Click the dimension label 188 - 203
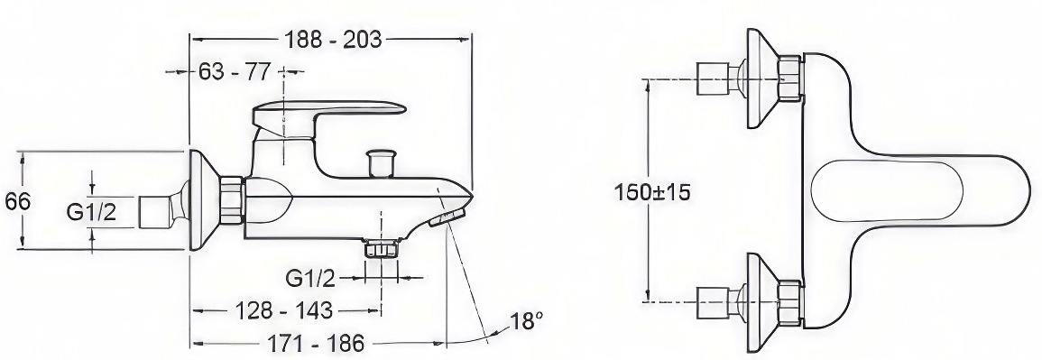(x=334, y=40)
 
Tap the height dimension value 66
(x=18, y=201)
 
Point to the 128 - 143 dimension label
(x=284, y=309)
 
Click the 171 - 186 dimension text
(x=316, y=344)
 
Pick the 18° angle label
(x=522, y=322)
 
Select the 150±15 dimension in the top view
(x=651, y=192)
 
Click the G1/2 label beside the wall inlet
(x=92, y=213)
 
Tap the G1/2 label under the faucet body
(x=310, y=278)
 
